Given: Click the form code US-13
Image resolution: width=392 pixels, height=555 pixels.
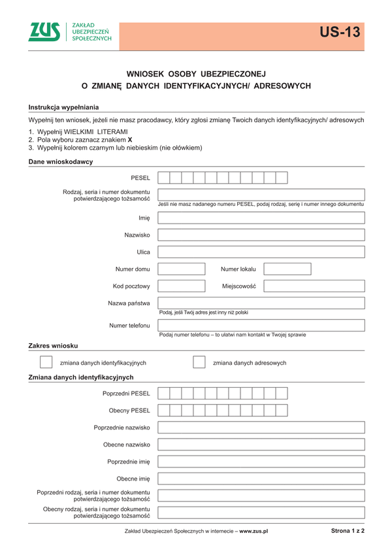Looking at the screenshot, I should click(x=340, y=33).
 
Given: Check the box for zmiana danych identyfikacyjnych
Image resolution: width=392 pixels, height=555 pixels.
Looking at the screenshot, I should click(x=46, y=362).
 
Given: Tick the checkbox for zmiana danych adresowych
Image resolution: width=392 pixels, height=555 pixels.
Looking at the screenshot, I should click(x=199, y=362).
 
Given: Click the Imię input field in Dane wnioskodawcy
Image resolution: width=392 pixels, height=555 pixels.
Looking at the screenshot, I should click(x=261, y=218).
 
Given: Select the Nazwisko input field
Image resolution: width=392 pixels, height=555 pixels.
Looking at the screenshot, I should click(x=261, y=235).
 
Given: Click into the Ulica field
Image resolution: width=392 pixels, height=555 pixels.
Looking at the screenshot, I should click(x=261, y=252).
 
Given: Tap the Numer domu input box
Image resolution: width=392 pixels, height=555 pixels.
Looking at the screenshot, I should click(x=182, y=269).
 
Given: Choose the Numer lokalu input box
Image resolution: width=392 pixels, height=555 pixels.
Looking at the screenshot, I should click(x=287, y=269).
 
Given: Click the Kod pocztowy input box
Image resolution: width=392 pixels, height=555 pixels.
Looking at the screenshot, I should click(x=182, y=286).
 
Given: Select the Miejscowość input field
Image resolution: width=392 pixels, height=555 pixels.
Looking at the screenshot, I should click(x=314, y=286).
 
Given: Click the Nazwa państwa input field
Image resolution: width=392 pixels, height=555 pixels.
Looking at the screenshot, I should click(x=261, y=303).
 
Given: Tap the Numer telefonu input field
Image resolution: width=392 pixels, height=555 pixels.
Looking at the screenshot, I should click(x=261, y=325).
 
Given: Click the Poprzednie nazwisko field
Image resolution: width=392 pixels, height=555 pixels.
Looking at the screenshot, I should click(x=261, y=428).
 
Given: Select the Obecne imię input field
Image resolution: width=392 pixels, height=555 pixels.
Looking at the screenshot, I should click(x=261, y=479).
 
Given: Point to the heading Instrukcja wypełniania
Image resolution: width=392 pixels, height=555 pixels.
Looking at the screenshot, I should click(x=63, y=107).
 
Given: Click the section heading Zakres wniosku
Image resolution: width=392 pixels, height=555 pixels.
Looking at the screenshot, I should click(x=53, y=345).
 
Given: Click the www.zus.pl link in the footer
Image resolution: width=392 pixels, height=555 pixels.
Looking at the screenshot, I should click(x=253, y=531).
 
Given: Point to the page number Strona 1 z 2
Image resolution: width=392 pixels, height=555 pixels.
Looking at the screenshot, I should click(x=348, y=531).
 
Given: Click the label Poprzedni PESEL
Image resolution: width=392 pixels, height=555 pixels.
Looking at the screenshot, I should click(x=126, y=394).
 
